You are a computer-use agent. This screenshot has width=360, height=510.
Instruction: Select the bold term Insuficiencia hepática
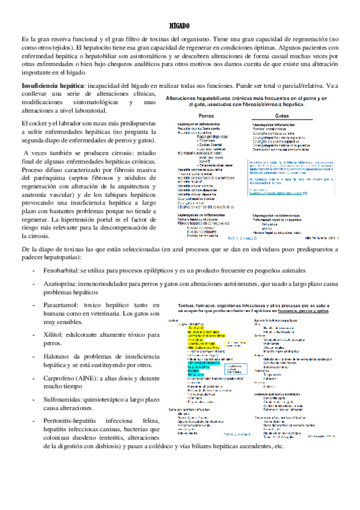click(51, 85)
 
